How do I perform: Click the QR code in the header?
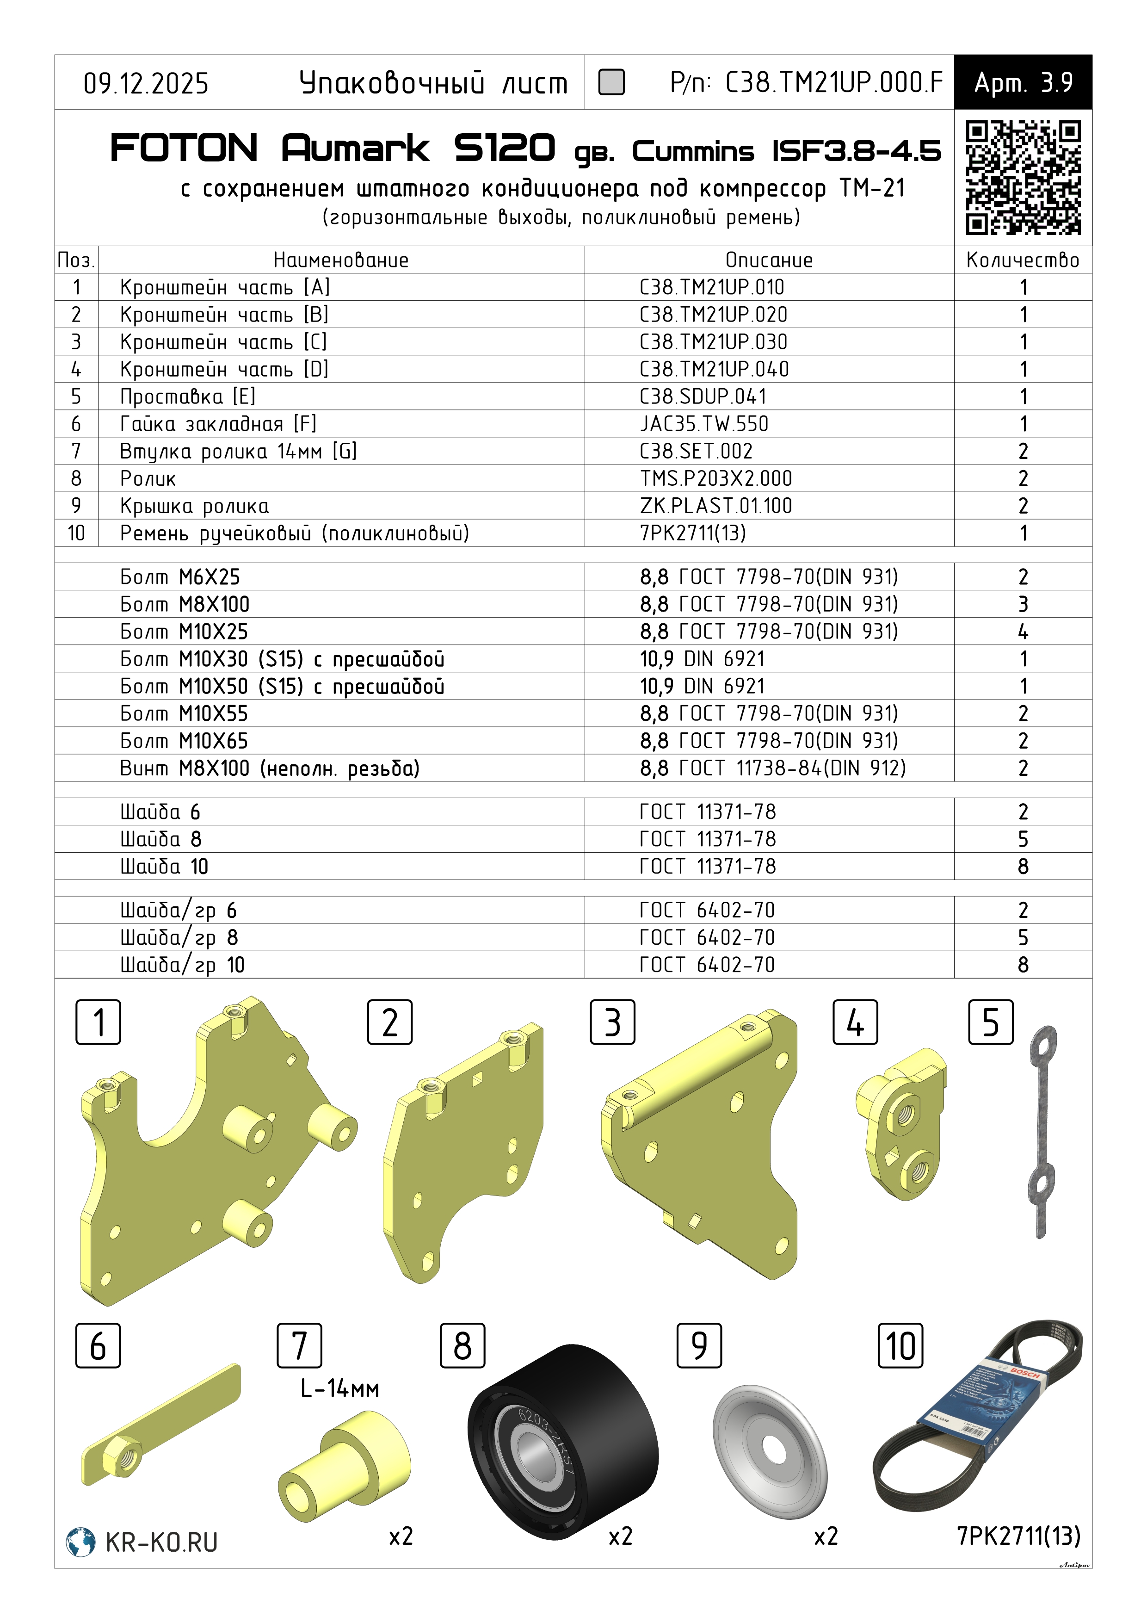coord(1023,177)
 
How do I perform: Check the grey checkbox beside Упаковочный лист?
coord(611,82)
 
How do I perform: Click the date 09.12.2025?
coord(146,83)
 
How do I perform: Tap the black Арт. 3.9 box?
coord(1023,82)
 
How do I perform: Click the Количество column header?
coord(1022,260)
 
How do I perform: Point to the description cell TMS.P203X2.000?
coord(716,478)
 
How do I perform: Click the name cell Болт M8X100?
coord(185,604)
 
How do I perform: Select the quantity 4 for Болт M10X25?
coord(1023,631)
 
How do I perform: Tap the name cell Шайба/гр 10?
coord(182,965)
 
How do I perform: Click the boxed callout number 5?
coord(990,1022)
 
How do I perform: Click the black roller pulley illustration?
coord(563,1441)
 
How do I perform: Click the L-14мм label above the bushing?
coord(340,1389)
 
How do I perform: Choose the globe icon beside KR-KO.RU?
coord(80,1542)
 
